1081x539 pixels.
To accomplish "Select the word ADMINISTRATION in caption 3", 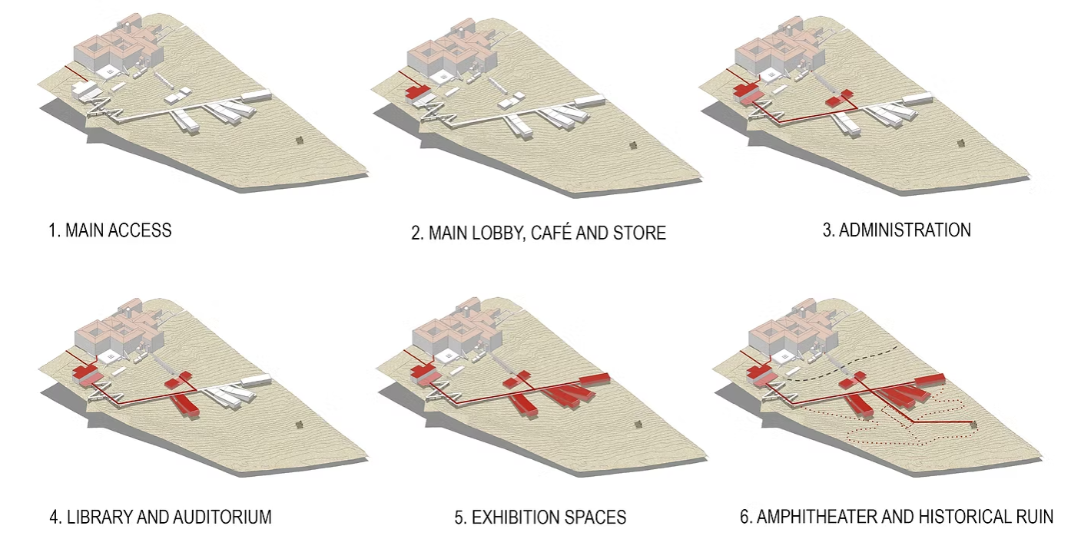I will (x=904, y=230).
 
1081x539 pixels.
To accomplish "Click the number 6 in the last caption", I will (x=744, y=517).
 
